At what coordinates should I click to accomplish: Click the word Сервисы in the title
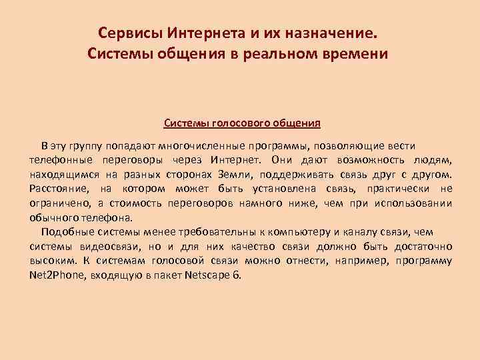pos(130,33)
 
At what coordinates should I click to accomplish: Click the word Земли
pos(231,175)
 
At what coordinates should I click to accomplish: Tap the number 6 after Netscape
pos(235,275)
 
